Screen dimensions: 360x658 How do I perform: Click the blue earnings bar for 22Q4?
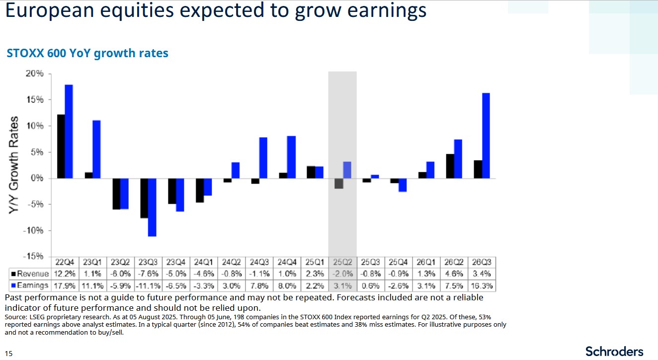tap(69, 131)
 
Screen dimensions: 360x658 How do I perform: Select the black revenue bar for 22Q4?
tap(61, 146)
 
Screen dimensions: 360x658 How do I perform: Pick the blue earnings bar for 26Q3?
tap(486, 135)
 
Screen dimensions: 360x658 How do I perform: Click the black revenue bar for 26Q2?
tap(450, 166)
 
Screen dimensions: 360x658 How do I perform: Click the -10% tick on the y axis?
tap(34, 231)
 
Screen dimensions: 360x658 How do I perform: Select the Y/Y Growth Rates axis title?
tap(14, 166)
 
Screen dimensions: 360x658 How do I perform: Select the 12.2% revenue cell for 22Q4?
tap(65, 274)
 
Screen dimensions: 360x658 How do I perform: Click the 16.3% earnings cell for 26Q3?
tap(482, 285)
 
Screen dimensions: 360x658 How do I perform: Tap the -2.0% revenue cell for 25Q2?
tap(342, 274)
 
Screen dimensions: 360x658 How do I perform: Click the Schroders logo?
tap(614, 351)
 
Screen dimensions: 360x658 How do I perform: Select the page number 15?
tap(8, 354)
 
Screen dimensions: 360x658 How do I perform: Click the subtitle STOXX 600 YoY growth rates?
tap(87, 53)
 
